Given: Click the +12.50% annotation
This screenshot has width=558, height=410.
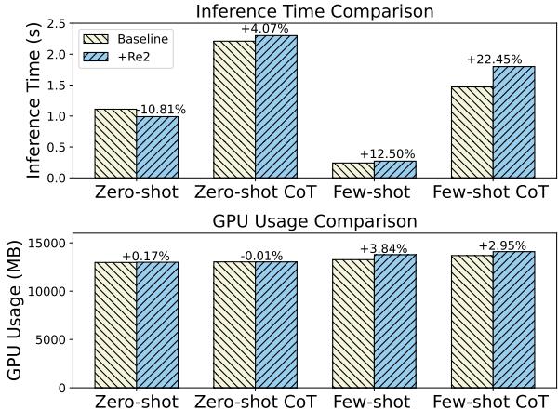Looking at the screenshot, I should tap(386, 154).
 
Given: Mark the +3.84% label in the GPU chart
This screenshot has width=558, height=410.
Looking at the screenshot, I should tap(386, 248).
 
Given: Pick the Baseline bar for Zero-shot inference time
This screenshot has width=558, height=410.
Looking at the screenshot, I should tap(115, 143).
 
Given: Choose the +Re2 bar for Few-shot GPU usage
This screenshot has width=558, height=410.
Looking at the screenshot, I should tap(394, 321).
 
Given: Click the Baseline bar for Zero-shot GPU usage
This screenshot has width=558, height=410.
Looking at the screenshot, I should tap(115, 324).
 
